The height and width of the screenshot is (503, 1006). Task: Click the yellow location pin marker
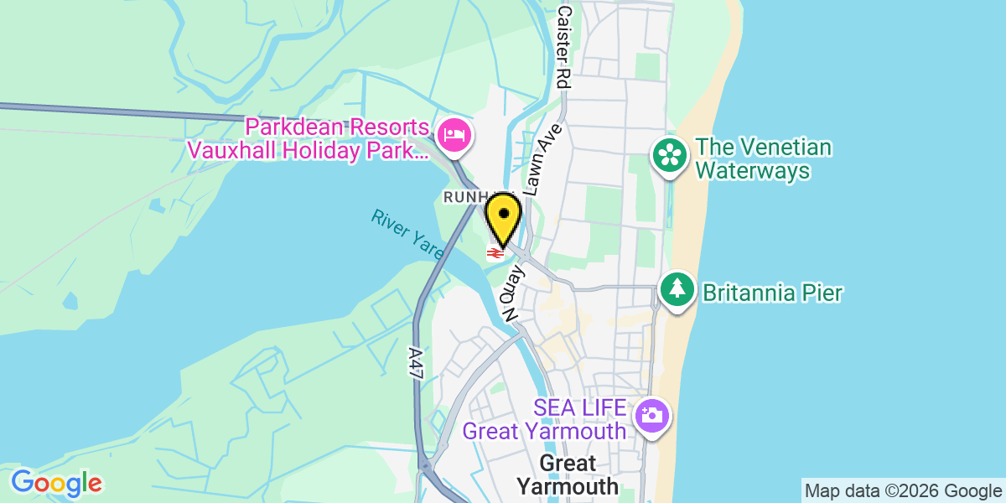click(503, 219)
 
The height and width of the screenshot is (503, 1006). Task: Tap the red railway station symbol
click(495, 251)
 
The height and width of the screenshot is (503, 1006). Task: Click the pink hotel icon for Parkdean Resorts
click(455, 135)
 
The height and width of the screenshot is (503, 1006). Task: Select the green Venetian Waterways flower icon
click(670, 156)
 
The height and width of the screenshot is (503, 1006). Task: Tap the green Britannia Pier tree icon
click(677, 289)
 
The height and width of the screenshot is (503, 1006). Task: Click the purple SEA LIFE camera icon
click(651, 415)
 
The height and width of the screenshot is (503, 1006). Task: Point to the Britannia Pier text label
click(772, 293)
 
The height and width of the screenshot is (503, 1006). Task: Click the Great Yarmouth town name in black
click(568, 474)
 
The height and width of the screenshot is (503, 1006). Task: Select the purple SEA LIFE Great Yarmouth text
click(545, 420)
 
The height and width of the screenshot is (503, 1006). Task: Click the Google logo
click(56, 483)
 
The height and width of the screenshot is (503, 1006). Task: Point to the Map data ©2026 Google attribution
click(902, 490)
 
